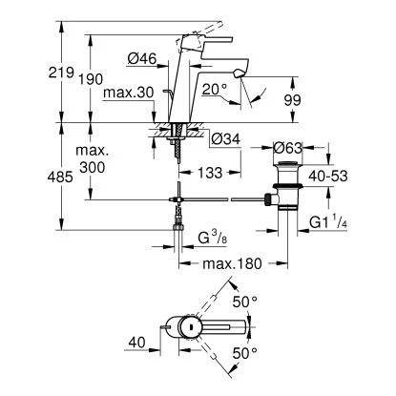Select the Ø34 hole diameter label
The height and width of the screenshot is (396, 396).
pos(222,140)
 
